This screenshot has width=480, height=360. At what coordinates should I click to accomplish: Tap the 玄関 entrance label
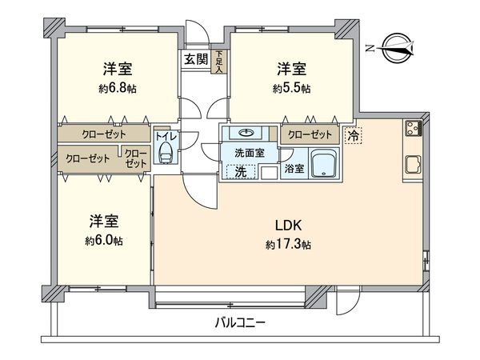click(x=196, y=58)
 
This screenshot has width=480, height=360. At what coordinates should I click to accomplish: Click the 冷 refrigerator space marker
click(x=353, y=136)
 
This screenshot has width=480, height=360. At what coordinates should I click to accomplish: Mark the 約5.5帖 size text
click(x=293, y=87)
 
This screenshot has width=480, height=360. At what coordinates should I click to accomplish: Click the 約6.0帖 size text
click(x=105, y=240)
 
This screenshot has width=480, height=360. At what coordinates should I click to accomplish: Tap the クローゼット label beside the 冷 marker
click(x=308, y=134)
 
